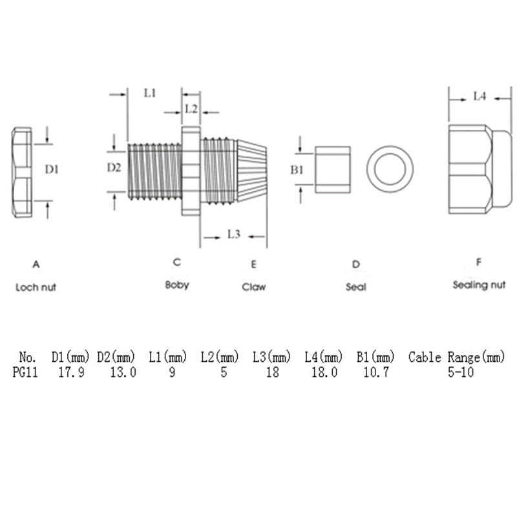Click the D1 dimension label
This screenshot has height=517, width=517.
(52, 169)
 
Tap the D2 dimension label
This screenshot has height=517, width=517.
(114, 167)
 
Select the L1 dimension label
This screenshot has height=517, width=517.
(150, 93)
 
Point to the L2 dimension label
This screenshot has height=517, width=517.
(191, 109)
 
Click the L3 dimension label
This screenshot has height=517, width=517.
(234, 234)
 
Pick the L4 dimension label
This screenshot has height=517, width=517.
(480, 96)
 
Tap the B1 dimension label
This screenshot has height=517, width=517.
(297, 170)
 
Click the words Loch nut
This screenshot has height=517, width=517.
(36, 287)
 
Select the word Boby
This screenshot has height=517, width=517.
(177, 285)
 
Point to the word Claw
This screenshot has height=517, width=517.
(254, 287)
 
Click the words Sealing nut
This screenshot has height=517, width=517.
(479, 285)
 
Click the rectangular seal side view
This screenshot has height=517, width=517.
(333, 170)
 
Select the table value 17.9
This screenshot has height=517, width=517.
(71, 372)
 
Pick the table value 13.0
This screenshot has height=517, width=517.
(123, 372)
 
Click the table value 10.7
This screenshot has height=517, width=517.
(376, 372)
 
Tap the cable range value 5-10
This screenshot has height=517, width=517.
(461, 372)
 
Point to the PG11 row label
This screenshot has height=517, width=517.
(25, 372)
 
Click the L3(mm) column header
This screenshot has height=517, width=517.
(272, 357)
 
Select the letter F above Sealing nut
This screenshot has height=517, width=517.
(479, 262)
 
